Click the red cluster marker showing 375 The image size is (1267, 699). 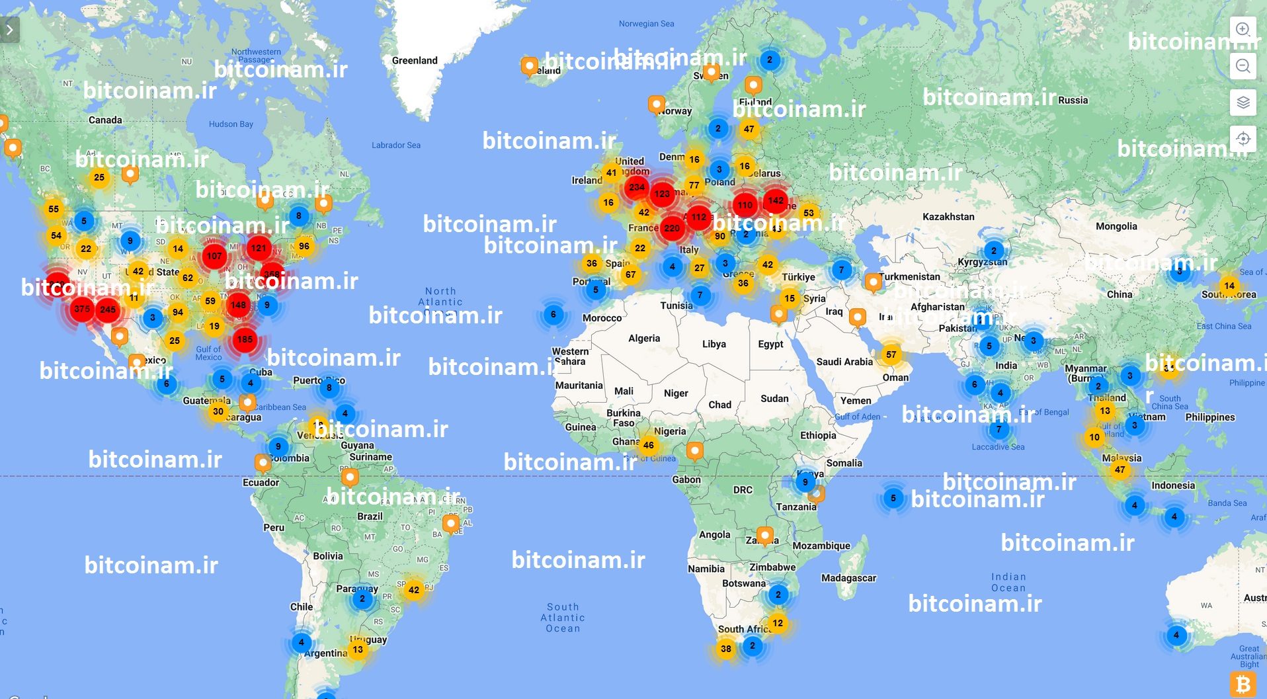coord(82,309)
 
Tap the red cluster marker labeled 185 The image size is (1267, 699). coord(245,339)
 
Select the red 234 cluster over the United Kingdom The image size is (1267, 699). coord(637,187)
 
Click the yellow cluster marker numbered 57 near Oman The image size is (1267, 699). coord(891,354)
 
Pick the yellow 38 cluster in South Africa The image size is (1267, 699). coord(726,649)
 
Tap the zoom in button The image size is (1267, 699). coord(1243,30)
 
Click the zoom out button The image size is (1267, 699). coord(1243,66)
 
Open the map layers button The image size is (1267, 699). coord(1243,103)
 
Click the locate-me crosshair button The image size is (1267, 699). coord(1243,139)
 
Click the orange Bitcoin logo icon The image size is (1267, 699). coord(1243,684)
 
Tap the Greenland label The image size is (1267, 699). coord(415,60)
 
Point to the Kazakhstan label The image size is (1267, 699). coord(948,216)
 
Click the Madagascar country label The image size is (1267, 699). coord(848,578)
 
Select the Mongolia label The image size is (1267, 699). coord(1116,226)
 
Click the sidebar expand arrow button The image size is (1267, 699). coord(10,30)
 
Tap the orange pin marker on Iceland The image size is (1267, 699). coord(529,65)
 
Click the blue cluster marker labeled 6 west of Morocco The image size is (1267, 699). coord(553,314)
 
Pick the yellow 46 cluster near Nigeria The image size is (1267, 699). coord(649,445)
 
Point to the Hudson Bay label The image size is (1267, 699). coord(231,124)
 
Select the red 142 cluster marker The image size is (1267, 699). coord(776,200)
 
